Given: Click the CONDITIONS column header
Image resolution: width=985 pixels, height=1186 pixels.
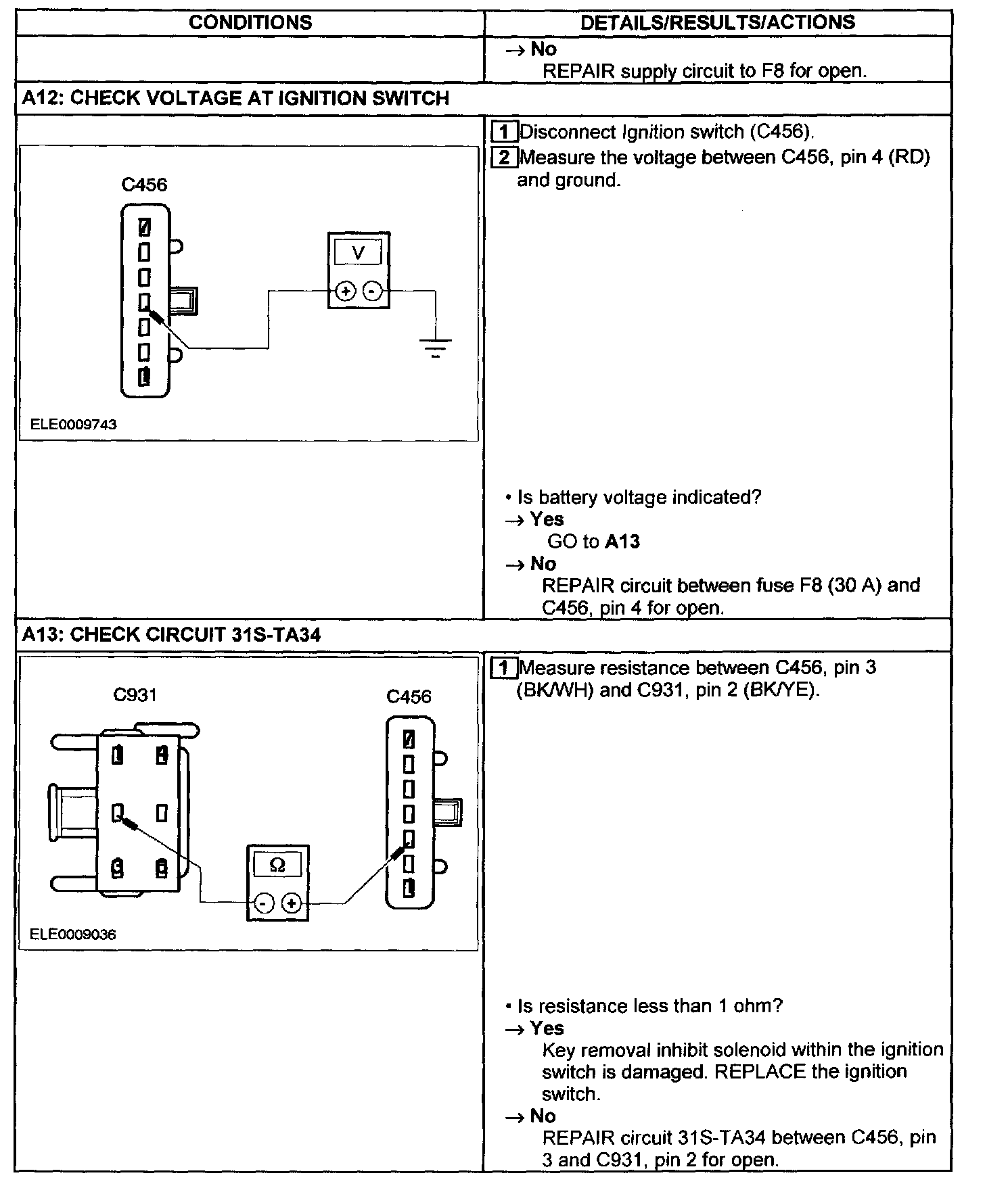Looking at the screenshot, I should click(250, 23).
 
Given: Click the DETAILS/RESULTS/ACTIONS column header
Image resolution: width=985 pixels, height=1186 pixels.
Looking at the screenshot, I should click(718, 23).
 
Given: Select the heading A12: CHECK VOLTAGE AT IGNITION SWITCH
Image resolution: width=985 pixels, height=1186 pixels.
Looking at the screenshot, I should click(235, 99).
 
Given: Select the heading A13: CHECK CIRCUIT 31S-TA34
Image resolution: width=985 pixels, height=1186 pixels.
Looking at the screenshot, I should click(171, 635).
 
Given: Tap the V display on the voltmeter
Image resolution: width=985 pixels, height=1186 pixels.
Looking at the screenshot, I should click(359, 253).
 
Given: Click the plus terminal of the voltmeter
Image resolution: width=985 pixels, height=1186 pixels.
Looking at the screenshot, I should click(346, 291).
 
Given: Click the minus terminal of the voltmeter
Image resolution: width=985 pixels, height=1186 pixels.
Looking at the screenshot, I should click(373, 291).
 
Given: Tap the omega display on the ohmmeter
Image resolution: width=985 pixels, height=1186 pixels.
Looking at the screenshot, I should click(277, 865).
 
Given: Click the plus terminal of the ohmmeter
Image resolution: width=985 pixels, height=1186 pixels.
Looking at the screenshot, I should click(292, 903).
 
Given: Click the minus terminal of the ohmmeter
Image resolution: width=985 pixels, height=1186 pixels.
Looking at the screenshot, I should click(265, 903).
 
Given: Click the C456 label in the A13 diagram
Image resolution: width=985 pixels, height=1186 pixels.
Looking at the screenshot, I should click(409, 696).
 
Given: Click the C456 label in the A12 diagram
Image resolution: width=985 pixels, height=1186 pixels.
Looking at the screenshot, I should click(144, 185).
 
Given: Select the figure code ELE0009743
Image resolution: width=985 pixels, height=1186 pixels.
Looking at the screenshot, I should click(74, 425).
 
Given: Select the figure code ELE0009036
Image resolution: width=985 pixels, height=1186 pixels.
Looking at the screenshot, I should click(73, 934).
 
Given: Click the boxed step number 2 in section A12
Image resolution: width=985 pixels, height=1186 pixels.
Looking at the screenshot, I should click(504, 158).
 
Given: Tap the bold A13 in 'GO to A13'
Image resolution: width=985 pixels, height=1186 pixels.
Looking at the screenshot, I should click(622, 542).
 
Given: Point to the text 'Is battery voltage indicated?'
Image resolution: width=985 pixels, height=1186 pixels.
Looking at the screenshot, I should click(639, 498).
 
